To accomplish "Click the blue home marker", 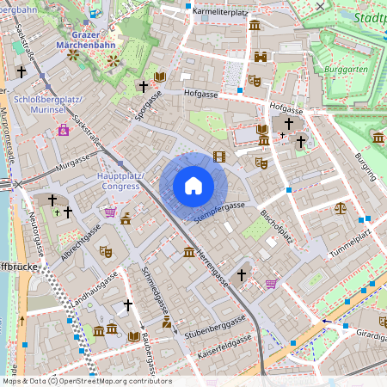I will (193, 185).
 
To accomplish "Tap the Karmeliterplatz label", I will (220, 12).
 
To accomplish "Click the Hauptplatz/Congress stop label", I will (121, 180).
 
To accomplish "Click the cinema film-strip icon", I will (219, 156).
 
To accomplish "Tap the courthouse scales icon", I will (341, 207).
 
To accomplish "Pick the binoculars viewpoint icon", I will (261, 57).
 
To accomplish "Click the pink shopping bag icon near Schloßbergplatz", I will (63, 130).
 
